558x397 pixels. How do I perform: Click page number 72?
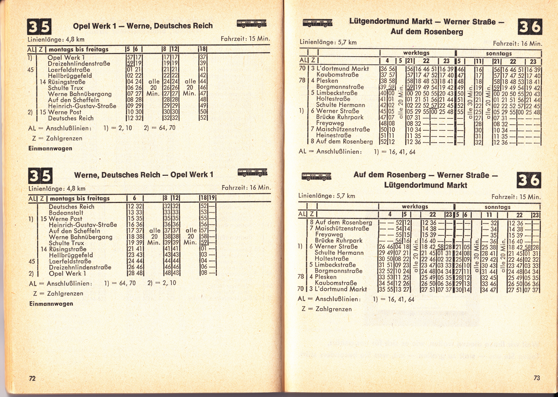click(32, 378)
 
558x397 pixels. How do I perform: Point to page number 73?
click(536, 378)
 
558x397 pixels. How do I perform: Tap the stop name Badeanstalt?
click(66, 213)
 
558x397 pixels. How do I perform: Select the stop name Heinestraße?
click(333, 135)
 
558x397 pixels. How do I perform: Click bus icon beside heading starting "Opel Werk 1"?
click(251, 24)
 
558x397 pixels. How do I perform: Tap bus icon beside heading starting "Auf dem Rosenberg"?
click(316, 176)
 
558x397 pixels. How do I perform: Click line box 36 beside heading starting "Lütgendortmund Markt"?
click(530, 27)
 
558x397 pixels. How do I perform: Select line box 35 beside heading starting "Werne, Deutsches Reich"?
click(40, 176)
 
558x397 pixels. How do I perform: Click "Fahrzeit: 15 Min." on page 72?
click(245, 39)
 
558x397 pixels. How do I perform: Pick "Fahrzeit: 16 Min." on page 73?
click(517, 44)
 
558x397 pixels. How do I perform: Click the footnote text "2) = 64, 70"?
click(159, 128)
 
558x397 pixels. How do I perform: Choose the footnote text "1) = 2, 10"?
click(118, 128)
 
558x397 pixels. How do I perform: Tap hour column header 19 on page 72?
click(212, 198)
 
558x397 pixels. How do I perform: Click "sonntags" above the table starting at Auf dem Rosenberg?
click(497, 207)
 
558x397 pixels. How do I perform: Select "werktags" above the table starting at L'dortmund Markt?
click(416, 53)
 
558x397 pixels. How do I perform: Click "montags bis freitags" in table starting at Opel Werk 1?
click(78, 49)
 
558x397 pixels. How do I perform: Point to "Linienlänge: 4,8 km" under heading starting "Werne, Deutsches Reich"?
click(57, 188)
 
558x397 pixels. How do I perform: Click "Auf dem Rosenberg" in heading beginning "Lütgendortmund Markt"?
click(427, 32)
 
